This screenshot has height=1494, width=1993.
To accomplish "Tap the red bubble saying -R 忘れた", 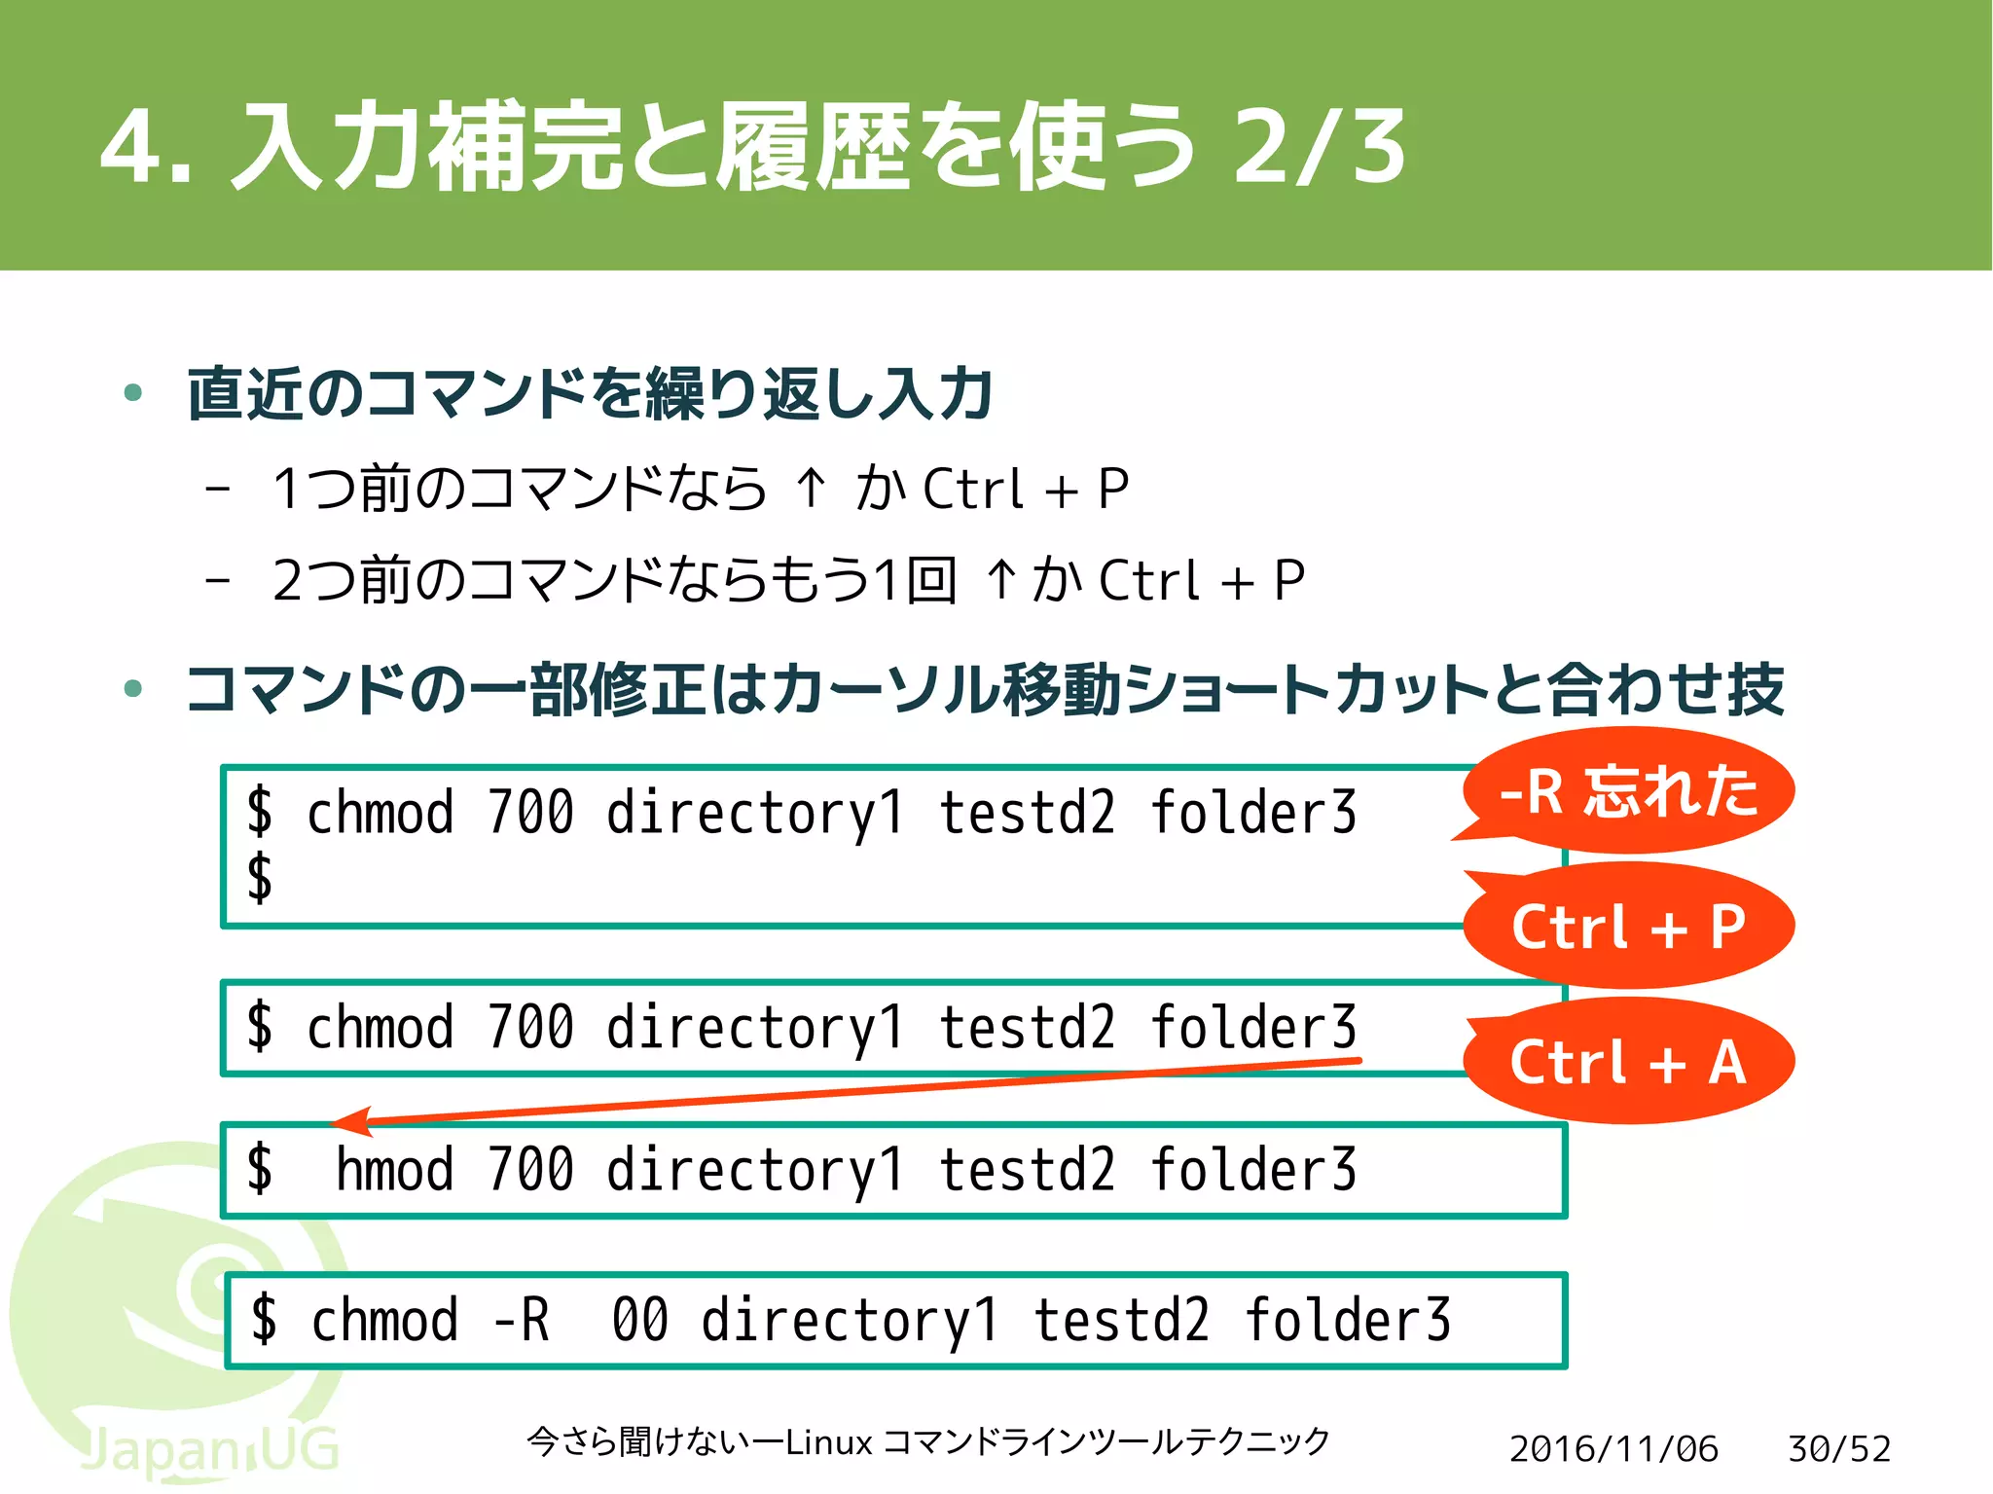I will (1628, 790).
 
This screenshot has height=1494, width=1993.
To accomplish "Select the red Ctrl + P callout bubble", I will (1628, 926).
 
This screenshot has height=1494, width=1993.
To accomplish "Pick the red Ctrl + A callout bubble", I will (1628, 1061).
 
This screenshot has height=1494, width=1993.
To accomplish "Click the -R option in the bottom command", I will (521, 1321).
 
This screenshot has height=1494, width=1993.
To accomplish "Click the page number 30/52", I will (1838, 1448).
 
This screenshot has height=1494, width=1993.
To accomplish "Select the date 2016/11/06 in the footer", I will (1613, 1448).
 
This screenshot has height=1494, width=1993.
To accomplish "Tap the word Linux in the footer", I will (828, 1441).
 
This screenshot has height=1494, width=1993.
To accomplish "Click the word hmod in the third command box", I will (394, 1170).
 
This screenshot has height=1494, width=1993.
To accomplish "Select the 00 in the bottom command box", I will (639, 1321).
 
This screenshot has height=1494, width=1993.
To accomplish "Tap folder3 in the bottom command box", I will (1347, 1321).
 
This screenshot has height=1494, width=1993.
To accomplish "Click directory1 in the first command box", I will (755, 814).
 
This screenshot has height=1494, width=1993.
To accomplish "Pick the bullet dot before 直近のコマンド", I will (133, 393).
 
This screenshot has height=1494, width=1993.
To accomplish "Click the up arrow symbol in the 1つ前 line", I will (811, 487).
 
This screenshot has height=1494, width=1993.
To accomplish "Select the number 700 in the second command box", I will (530, 1028).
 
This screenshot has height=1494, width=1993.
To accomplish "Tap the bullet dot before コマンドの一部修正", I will (133, 689).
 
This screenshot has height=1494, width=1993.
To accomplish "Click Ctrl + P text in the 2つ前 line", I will (1202, 581).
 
